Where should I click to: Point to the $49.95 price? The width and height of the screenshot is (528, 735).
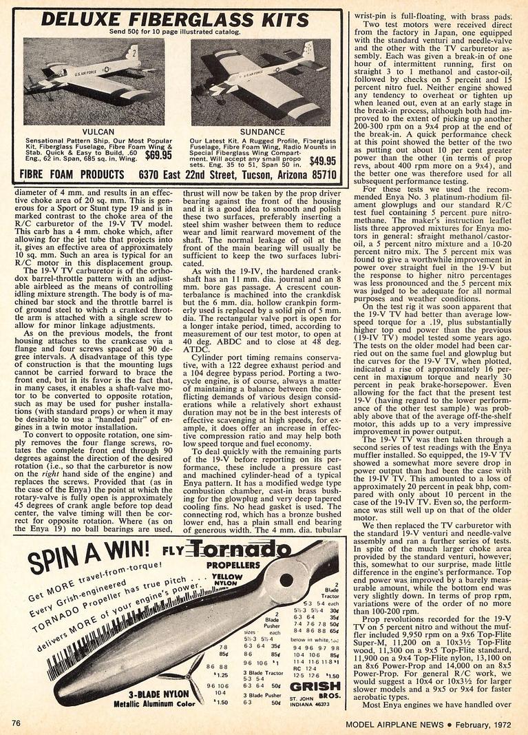click(322, 161)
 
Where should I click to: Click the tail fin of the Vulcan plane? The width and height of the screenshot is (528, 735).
click(131, 54)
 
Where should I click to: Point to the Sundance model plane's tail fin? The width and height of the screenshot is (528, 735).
click(308, 52)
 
